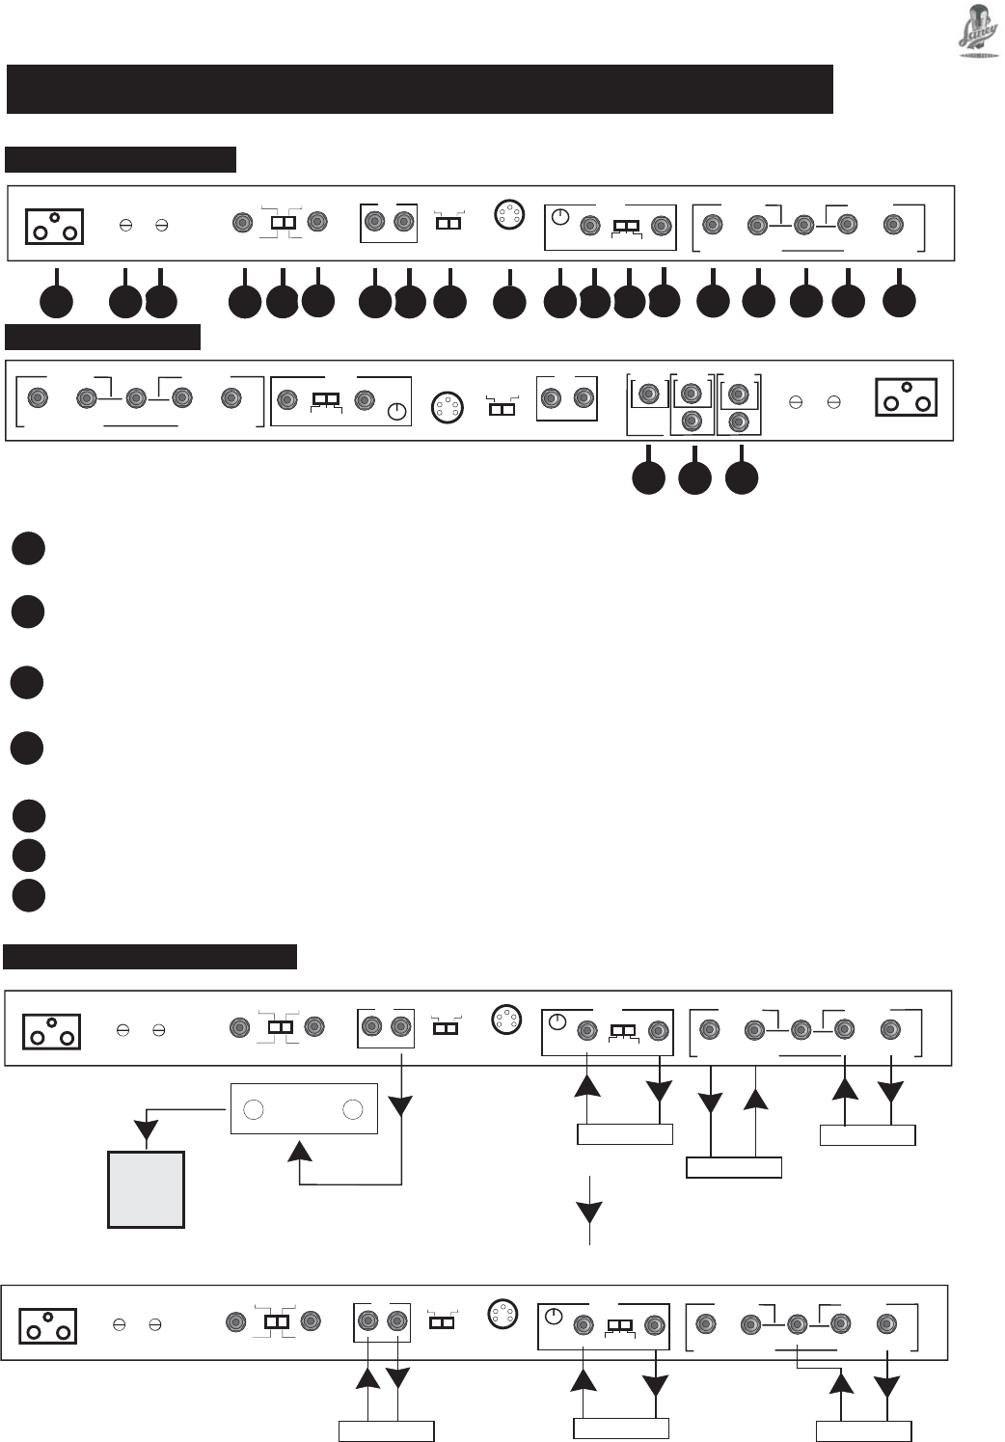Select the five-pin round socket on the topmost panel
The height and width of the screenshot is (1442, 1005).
508,213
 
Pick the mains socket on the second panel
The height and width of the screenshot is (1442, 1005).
906,397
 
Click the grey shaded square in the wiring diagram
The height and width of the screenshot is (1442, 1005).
146,1189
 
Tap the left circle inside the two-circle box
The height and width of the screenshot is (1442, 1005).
254,1109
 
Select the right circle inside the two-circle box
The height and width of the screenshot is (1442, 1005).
353,1109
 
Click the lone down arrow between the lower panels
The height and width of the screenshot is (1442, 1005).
589,1212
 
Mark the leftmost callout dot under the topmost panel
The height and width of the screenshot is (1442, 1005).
56,302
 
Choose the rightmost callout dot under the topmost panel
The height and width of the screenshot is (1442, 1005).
899,301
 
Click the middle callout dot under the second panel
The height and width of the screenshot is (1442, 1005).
694,478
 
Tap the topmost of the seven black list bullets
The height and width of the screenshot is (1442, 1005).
29,548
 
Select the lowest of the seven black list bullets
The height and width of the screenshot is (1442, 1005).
29,894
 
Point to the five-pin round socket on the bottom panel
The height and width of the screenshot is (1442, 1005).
500,1314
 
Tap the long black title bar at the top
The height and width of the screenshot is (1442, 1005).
420,89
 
